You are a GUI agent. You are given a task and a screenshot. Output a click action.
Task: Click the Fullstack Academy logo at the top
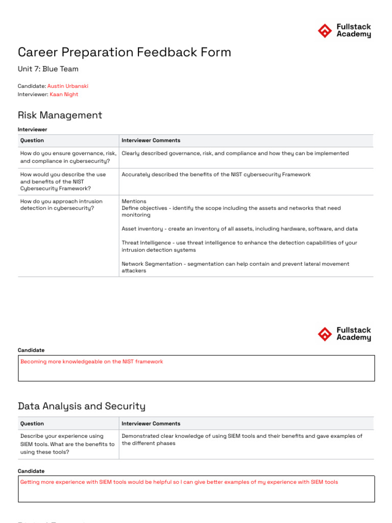[x=344, y=31]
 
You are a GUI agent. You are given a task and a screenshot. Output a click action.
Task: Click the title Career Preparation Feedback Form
[x=124, y=52]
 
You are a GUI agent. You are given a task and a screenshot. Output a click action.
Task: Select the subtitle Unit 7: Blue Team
[x=48, y=69]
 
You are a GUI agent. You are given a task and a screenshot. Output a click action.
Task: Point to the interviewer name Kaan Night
[x=64, y=94]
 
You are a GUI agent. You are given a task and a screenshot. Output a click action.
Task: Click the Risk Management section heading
[x=60, y=115]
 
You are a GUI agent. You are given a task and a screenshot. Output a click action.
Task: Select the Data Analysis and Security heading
[x=81, y=406]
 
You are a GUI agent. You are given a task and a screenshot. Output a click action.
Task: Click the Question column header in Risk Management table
[x=32, y=140]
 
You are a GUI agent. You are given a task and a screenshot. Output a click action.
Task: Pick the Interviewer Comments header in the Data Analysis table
[x=151, y=423]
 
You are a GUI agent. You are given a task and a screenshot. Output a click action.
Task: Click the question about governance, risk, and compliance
[x=68, y=157]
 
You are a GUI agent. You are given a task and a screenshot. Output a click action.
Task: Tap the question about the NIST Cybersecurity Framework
[x=63, y=181]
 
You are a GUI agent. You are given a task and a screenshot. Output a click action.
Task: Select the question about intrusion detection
[x=61, y=205]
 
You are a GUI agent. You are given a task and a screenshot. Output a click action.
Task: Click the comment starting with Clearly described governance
[x=235, y=153]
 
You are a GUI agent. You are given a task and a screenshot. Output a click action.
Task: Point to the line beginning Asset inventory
[x=239, y=229]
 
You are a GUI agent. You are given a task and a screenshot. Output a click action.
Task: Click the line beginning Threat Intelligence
[x=239, y=246]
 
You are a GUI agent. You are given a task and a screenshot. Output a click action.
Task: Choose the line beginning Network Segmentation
[x=235, y=267]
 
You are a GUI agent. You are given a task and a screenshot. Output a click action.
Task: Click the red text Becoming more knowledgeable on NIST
[x=92, y=362]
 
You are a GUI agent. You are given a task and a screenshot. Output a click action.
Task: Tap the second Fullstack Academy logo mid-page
[x=344, y=334]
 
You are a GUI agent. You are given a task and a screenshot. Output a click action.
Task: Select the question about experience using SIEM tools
[x=67, y=444]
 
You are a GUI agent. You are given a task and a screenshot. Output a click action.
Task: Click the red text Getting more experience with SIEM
[x=179, y=482]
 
